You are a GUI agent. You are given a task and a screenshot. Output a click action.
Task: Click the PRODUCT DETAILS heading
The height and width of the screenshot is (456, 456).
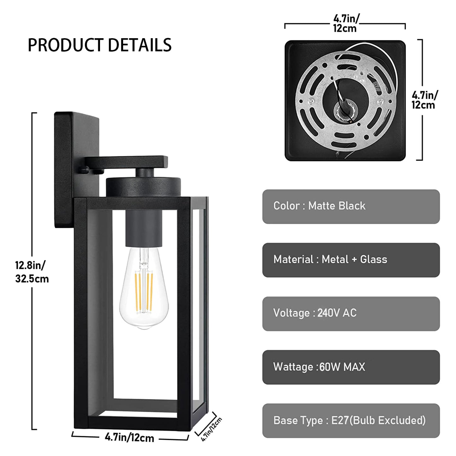click(100, 45)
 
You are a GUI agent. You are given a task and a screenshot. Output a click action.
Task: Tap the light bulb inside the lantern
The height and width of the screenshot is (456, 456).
click(144, 293)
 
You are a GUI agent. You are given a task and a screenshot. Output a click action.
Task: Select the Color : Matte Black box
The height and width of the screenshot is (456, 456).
click(351, 206)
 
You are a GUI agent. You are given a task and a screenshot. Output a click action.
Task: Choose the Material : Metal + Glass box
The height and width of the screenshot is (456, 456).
click(351, 260)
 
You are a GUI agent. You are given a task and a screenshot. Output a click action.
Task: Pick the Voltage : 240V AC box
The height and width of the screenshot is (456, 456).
click(351, 314)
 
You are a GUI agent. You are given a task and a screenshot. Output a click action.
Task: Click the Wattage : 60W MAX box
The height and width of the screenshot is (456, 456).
click(351, 367)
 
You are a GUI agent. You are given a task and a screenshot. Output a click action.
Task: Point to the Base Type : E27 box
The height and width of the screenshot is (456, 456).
click(351, 421)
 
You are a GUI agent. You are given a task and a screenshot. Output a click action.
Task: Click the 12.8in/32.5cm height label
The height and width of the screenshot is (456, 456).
click(32, 272)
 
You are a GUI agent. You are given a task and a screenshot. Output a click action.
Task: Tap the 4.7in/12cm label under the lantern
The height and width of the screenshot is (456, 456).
click(129, 438)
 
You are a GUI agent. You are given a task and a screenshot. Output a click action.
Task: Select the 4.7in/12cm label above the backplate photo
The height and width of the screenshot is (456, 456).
click(345, 23)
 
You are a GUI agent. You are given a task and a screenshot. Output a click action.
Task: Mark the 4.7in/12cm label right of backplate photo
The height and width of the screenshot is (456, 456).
click(424, 100)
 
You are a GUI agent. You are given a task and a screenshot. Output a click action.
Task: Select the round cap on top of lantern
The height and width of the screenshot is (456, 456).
click(143, 187)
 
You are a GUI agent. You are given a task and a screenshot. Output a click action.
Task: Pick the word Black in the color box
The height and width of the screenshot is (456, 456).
click(352, 206)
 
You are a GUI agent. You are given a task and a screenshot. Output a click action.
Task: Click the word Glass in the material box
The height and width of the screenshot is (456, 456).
click(374, 260)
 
